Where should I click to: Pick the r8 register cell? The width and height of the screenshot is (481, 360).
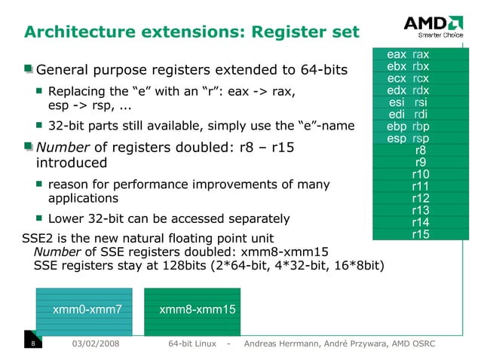(x=421, y=150)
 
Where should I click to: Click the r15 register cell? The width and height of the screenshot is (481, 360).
(x=421, y=235)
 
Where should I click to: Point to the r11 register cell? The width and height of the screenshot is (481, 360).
(x=421, y=187)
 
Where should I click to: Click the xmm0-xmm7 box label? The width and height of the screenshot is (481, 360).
(x=87, y=309)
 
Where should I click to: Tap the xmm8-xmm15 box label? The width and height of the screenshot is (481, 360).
(x=198, y=309)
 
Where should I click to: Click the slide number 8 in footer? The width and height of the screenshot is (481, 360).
(x=33, y=344)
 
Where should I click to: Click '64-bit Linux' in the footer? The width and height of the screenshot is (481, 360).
(x=194, y=344)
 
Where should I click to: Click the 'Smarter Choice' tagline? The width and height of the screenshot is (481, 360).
(x=435, y=35)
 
